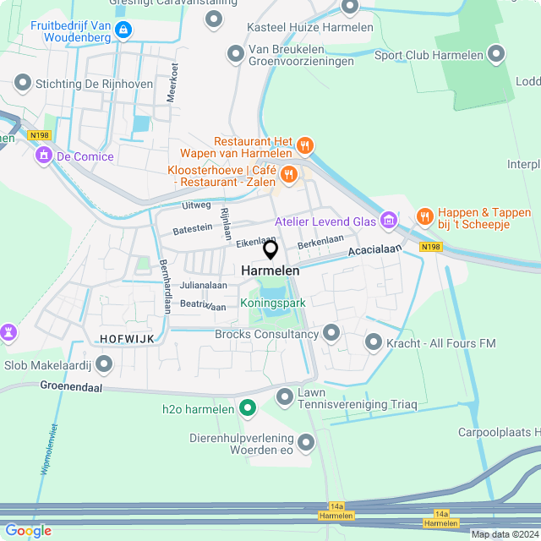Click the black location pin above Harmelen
tap(270, 249)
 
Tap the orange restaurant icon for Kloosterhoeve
tap(289, 174)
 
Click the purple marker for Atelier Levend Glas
tap(389, 221)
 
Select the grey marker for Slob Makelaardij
tap(104, 363)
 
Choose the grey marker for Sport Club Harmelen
tap(496, 55)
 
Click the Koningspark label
tap(271, 302)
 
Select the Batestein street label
tap(193, 228)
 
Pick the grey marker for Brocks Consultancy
tap(331, 334)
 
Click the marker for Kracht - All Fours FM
tap(374, 342)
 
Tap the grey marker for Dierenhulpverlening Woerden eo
tap(306, 441)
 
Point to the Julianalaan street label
tap(203, 286)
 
